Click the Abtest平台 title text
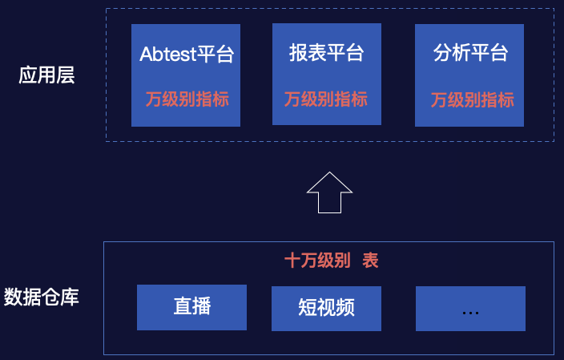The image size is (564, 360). [187, 55]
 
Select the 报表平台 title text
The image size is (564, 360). [327, 54]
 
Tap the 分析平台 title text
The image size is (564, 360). [471, 54]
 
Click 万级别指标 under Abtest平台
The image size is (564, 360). [187, 99]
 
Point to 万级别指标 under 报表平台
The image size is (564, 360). [326, 99]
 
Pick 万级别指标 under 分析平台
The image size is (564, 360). [472, 100]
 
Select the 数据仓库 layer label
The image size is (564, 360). [42, 297]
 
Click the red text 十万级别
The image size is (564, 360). [318, 261]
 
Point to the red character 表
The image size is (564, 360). [370, 261]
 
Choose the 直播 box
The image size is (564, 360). [191, 307]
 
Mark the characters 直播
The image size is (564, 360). [192, 306]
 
